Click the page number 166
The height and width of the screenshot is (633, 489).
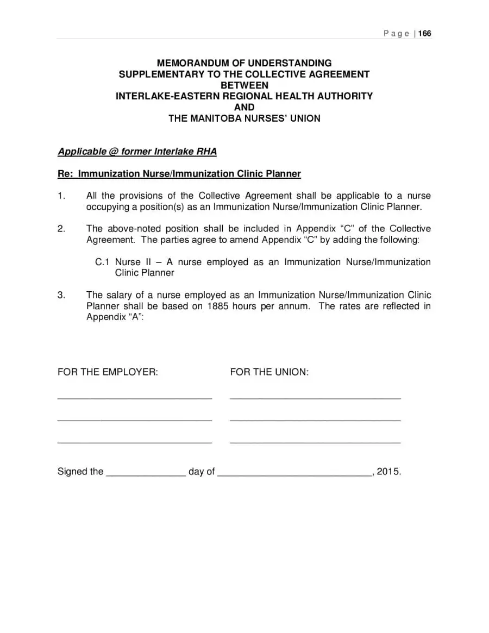coord(425,34)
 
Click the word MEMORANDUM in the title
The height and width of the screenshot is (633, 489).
coord(198,63)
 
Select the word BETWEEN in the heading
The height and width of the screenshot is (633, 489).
coord(244,85)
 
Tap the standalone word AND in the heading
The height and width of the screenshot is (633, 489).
coord(244,107)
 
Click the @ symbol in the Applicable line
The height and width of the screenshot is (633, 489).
coord(114,152)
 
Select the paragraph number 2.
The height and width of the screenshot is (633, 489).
coord(61,229)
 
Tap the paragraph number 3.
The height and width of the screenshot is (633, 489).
coord(61,295)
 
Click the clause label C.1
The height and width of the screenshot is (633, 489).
coord(103,262)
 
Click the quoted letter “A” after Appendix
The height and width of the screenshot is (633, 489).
coord(133,317)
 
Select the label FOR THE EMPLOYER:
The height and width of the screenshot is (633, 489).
coord(108,372)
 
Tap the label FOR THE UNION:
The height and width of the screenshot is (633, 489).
coord(269,372)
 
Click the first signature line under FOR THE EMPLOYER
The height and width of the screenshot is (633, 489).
coord(134,398)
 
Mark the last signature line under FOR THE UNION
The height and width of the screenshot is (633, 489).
coord(315,443)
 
